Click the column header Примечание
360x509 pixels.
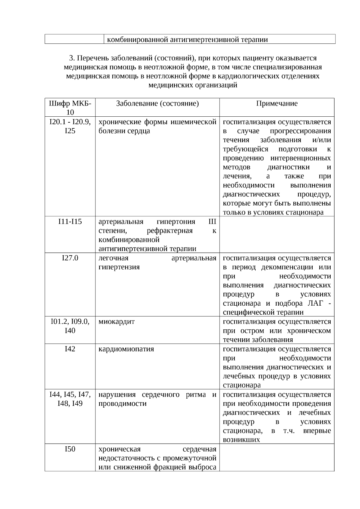tap(277, 103)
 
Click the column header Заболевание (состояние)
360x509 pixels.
tap(157, 103)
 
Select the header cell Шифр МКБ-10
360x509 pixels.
tap(70, 108)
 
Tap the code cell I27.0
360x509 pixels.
tap(70, 258)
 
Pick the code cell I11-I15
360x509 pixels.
tap(70, 222)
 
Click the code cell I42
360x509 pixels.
tap(70, 349)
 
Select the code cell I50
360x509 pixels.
tap(70, 449)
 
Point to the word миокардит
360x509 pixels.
tap(116, 322)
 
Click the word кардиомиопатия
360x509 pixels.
tap(126, 349)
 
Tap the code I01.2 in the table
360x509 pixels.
tap(59, 322)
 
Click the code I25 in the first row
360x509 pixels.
tap(70, 131)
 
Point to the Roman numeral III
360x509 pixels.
tap(212, 222)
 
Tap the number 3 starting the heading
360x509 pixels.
tap(71, 58)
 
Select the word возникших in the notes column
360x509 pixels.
tap(241, 440)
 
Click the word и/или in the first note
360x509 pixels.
tap(322, 140)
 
